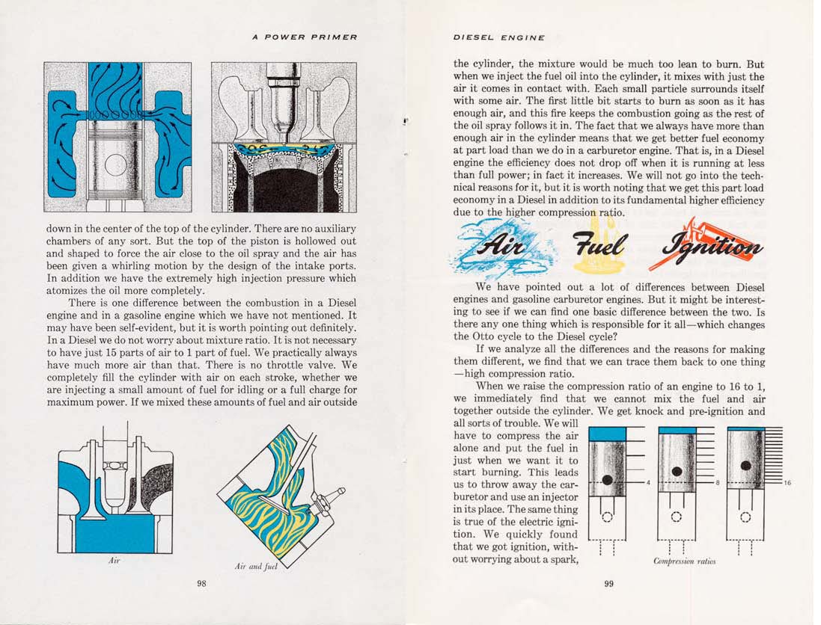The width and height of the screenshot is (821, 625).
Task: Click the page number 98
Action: tap(201, 584)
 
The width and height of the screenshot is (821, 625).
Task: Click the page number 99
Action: tap(608, 584)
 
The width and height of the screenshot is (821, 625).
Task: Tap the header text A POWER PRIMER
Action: tap(305, 37)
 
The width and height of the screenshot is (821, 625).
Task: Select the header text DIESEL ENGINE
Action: tap(499, 37)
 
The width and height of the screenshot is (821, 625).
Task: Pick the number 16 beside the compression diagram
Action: tap(787, 483)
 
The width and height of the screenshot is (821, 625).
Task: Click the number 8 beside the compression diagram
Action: tap(718, 483)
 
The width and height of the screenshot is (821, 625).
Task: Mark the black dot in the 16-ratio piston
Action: tap(745, 466)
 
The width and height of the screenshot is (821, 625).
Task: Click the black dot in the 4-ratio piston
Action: tap(607, 478)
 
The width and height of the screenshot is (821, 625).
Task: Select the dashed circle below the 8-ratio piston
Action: tap(677, 517)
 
